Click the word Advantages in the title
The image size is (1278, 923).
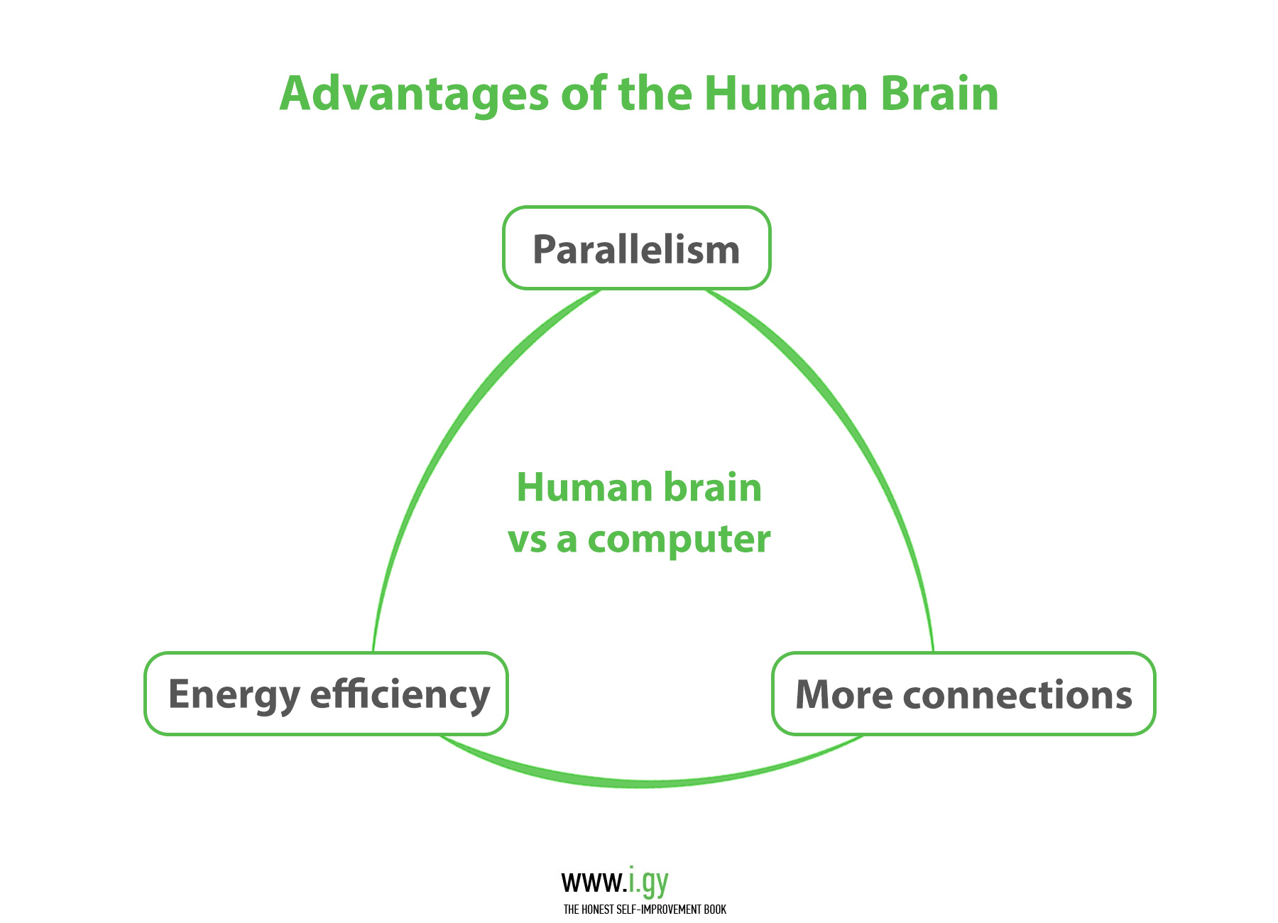point(414,94)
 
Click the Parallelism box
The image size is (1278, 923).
point(637,248)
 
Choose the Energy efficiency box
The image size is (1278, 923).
point(327,694)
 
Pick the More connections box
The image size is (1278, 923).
point(963,694)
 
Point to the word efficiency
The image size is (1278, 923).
point(400,695)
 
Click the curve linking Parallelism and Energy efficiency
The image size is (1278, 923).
point(454,440)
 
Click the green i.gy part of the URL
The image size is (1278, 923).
point(648,883)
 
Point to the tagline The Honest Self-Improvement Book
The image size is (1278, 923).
point(645,910)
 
